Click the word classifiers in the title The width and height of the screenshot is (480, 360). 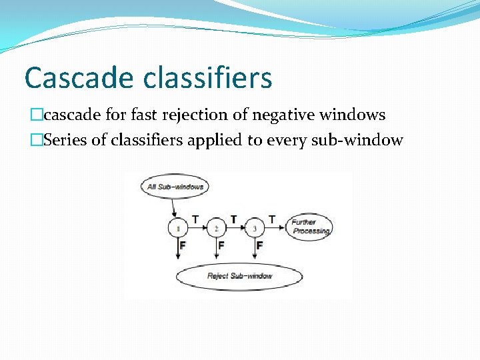(208, 78)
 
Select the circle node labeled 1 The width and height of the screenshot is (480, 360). (178, 228)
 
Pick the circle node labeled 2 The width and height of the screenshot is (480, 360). (217, 228)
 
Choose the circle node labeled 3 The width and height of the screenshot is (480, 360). (255, 228)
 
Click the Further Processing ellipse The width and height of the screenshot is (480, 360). (310, 227)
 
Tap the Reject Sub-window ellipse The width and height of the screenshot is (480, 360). (239, 276)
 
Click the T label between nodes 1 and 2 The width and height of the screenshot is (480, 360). (195, 219)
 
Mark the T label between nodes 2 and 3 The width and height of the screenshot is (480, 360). (233, 219)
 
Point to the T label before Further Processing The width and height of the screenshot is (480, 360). (272, 219)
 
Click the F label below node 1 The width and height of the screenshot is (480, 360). (183, 246)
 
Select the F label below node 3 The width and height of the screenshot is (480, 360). (259, 246)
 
